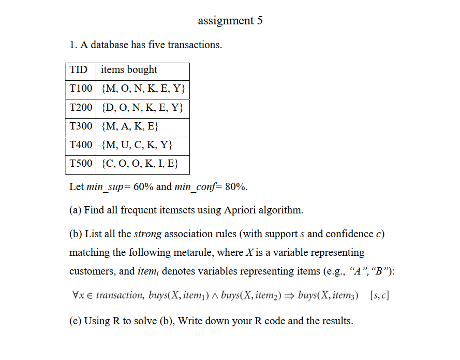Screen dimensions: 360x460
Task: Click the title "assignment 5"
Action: (230, 21)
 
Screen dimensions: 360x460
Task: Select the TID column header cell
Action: (79, 70)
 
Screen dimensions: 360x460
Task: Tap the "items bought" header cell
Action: (129, 70)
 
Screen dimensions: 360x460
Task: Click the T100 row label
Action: (81, 89)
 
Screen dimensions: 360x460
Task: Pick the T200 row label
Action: (81, 108)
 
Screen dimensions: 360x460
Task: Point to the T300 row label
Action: (81, 126)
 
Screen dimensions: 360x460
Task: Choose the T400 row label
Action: (81, 145)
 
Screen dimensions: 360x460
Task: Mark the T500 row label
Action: (81, 164)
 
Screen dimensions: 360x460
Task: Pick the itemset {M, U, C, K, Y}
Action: (138, 145)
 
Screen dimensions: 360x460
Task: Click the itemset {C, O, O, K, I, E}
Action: (141, 164)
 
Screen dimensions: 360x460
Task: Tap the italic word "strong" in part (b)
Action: (148, 234)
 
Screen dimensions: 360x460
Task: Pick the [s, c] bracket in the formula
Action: (380, 296)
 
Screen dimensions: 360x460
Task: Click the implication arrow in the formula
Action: (290, 296)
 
